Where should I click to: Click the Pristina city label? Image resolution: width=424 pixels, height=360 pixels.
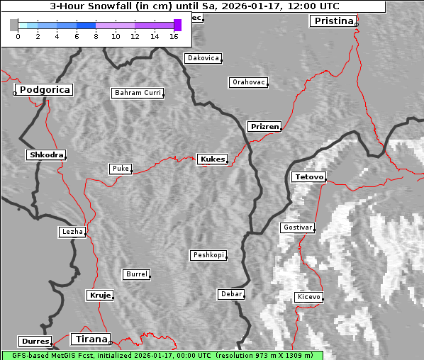pos(333,21)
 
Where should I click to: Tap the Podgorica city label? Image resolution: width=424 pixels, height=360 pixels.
pos(44,90)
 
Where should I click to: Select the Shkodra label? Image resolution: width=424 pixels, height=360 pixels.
pos(46,154)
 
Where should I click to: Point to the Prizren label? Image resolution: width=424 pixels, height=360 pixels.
pos(264,127)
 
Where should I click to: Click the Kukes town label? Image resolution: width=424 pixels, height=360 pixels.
pos(212,159)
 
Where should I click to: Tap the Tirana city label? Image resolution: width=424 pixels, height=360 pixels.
pos(90,339)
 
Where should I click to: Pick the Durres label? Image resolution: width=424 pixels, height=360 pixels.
pos(35,342)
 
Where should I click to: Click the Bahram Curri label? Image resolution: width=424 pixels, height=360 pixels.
pos(138,93)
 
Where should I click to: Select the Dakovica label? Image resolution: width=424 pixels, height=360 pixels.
pos(202,58)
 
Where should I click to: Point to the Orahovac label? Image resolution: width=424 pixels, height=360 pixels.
pos(248,82)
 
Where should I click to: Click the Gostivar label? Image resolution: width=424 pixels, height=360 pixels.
pos(296,227)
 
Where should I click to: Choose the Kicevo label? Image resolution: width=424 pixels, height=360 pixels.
pos(308,297)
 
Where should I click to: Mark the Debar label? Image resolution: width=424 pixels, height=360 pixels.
pos(231,294)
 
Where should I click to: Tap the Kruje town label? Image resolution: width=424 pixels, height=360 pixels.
pos(100,295)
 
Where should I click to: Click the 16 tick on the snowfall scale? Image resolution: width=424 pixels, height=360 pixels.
pos(174,35)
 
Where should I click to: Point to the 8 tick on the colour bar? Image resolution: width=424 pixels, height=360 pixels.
pos(96,35)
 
